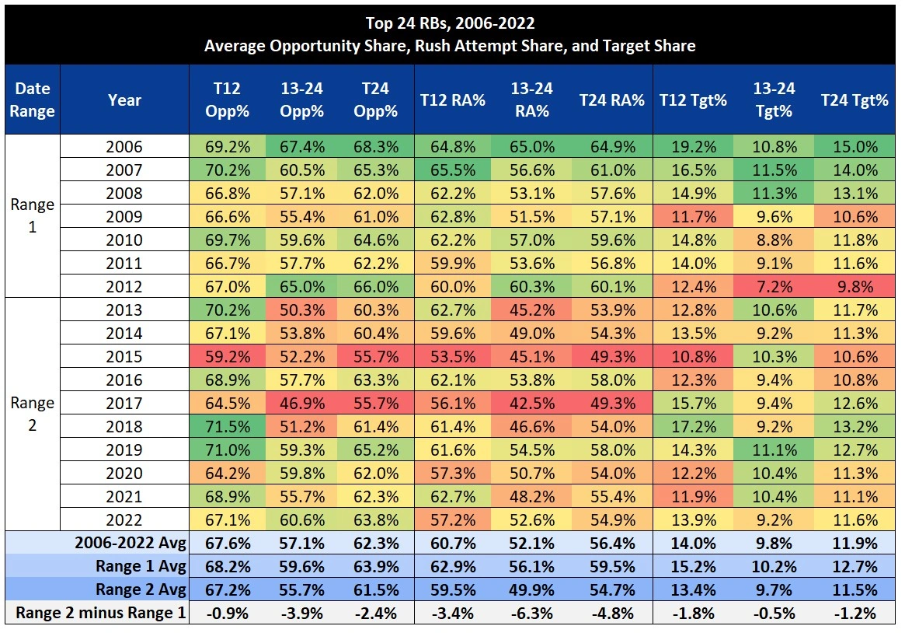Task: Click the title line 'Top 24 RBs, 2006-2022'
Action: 450,23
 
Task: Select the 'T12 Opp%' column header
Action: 227,100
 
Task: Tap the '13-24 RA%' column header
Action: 531,100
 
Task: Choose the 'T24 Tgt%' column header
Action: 855,100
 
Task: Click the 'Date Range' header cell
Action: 33,100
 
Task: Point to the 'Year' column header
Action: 124,100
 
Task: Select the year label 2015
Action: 124,356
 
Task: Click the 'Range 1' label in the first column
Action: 33,216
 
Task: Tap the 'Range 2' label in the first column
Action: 33,414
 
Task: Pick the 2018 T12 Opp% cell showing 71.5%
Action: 227,426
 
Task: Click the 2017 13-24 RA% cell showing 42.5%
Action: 531,403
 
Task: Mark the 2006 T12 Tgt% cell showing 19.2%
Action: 693,146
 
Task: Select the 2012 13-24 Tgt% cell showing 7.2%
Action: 774,286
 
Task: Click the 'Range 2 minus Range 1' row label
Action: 101,613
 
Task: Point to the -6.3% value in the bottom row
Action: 531,613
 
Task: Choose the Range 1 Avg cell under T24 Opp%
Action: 376,566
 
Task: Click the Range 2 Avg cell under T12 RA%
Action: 452,589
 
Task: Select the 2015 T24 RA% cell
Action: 611,356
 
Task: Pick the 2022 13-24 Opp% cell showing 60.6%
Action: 301,519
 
